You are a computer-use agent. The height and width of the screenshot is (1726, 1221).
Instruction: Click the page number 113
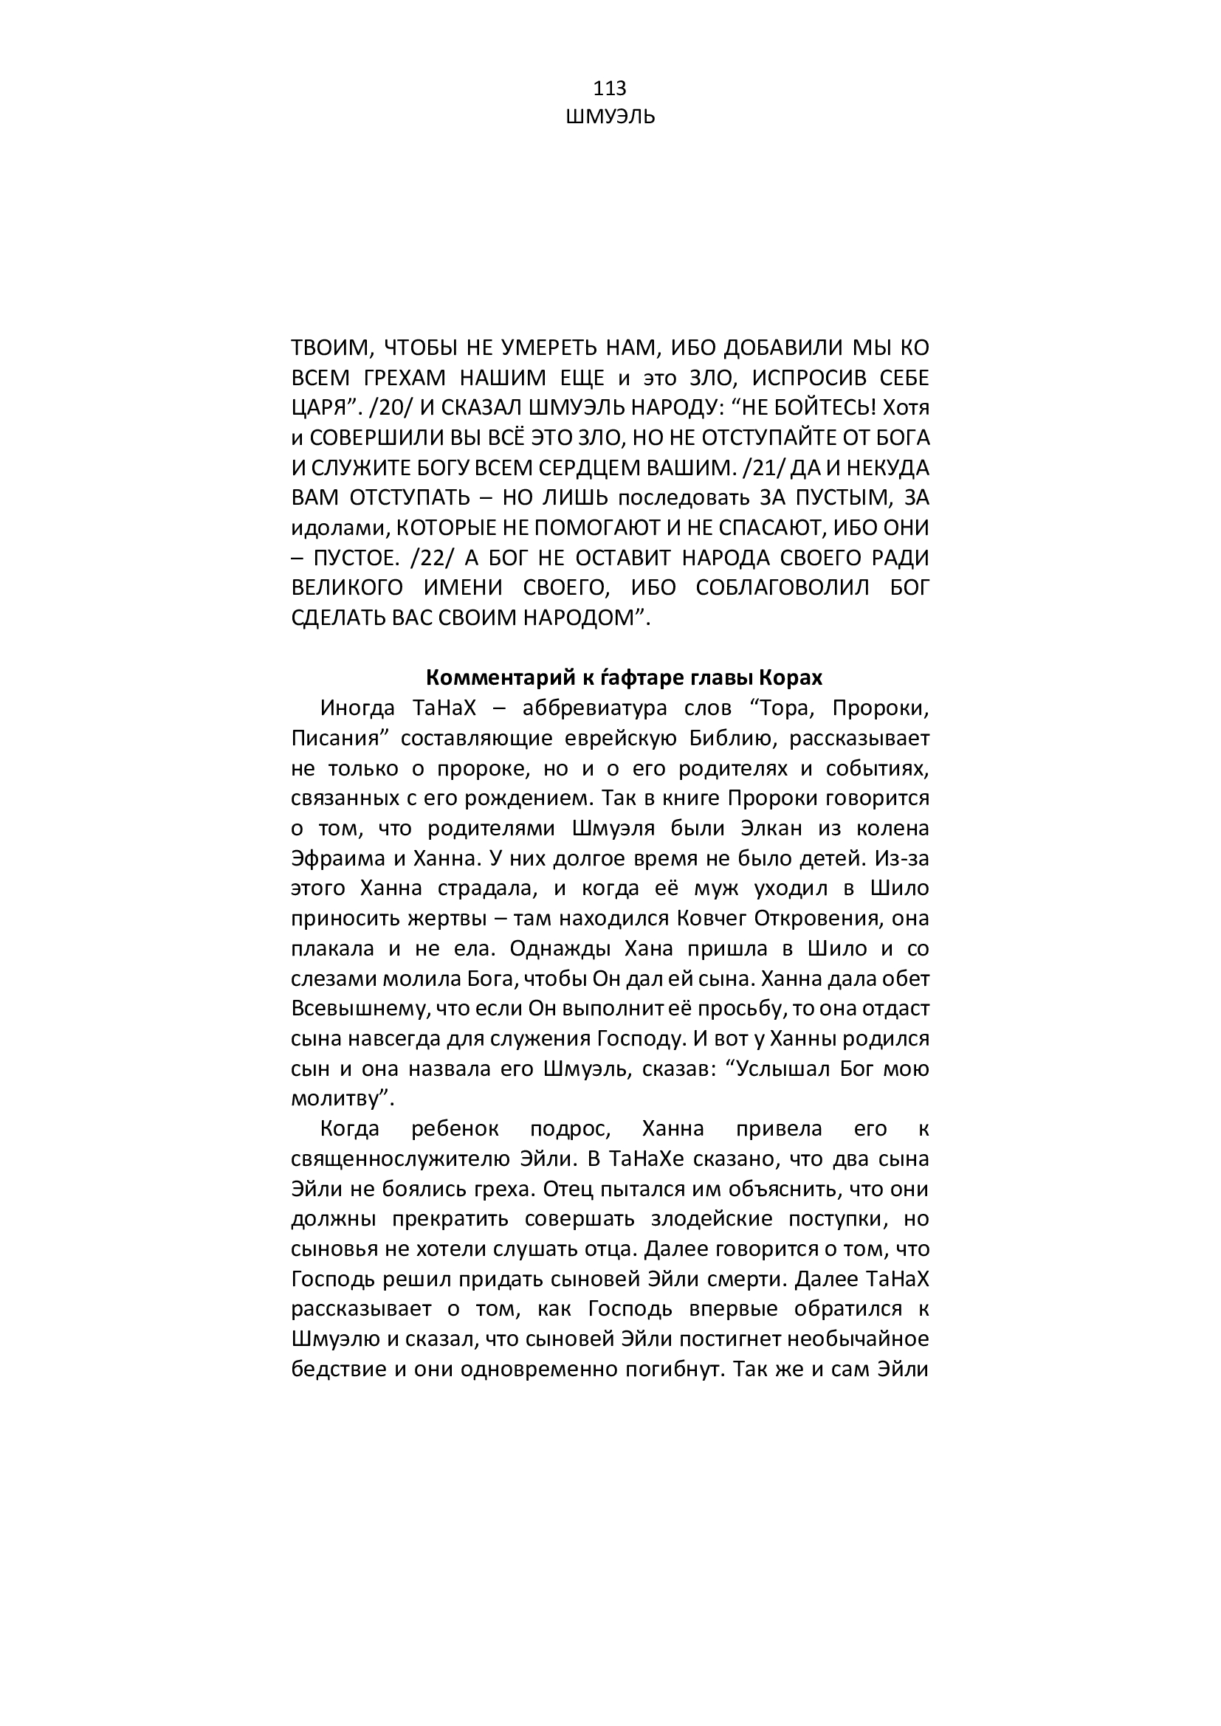point(610,89)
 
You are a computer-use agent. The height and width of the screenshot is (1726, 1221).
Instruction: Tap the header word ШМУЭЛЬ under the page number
point(610,117)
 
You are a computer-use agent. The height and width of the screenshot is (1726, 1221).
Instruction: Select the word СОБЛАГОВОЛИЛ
point(783,588)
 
